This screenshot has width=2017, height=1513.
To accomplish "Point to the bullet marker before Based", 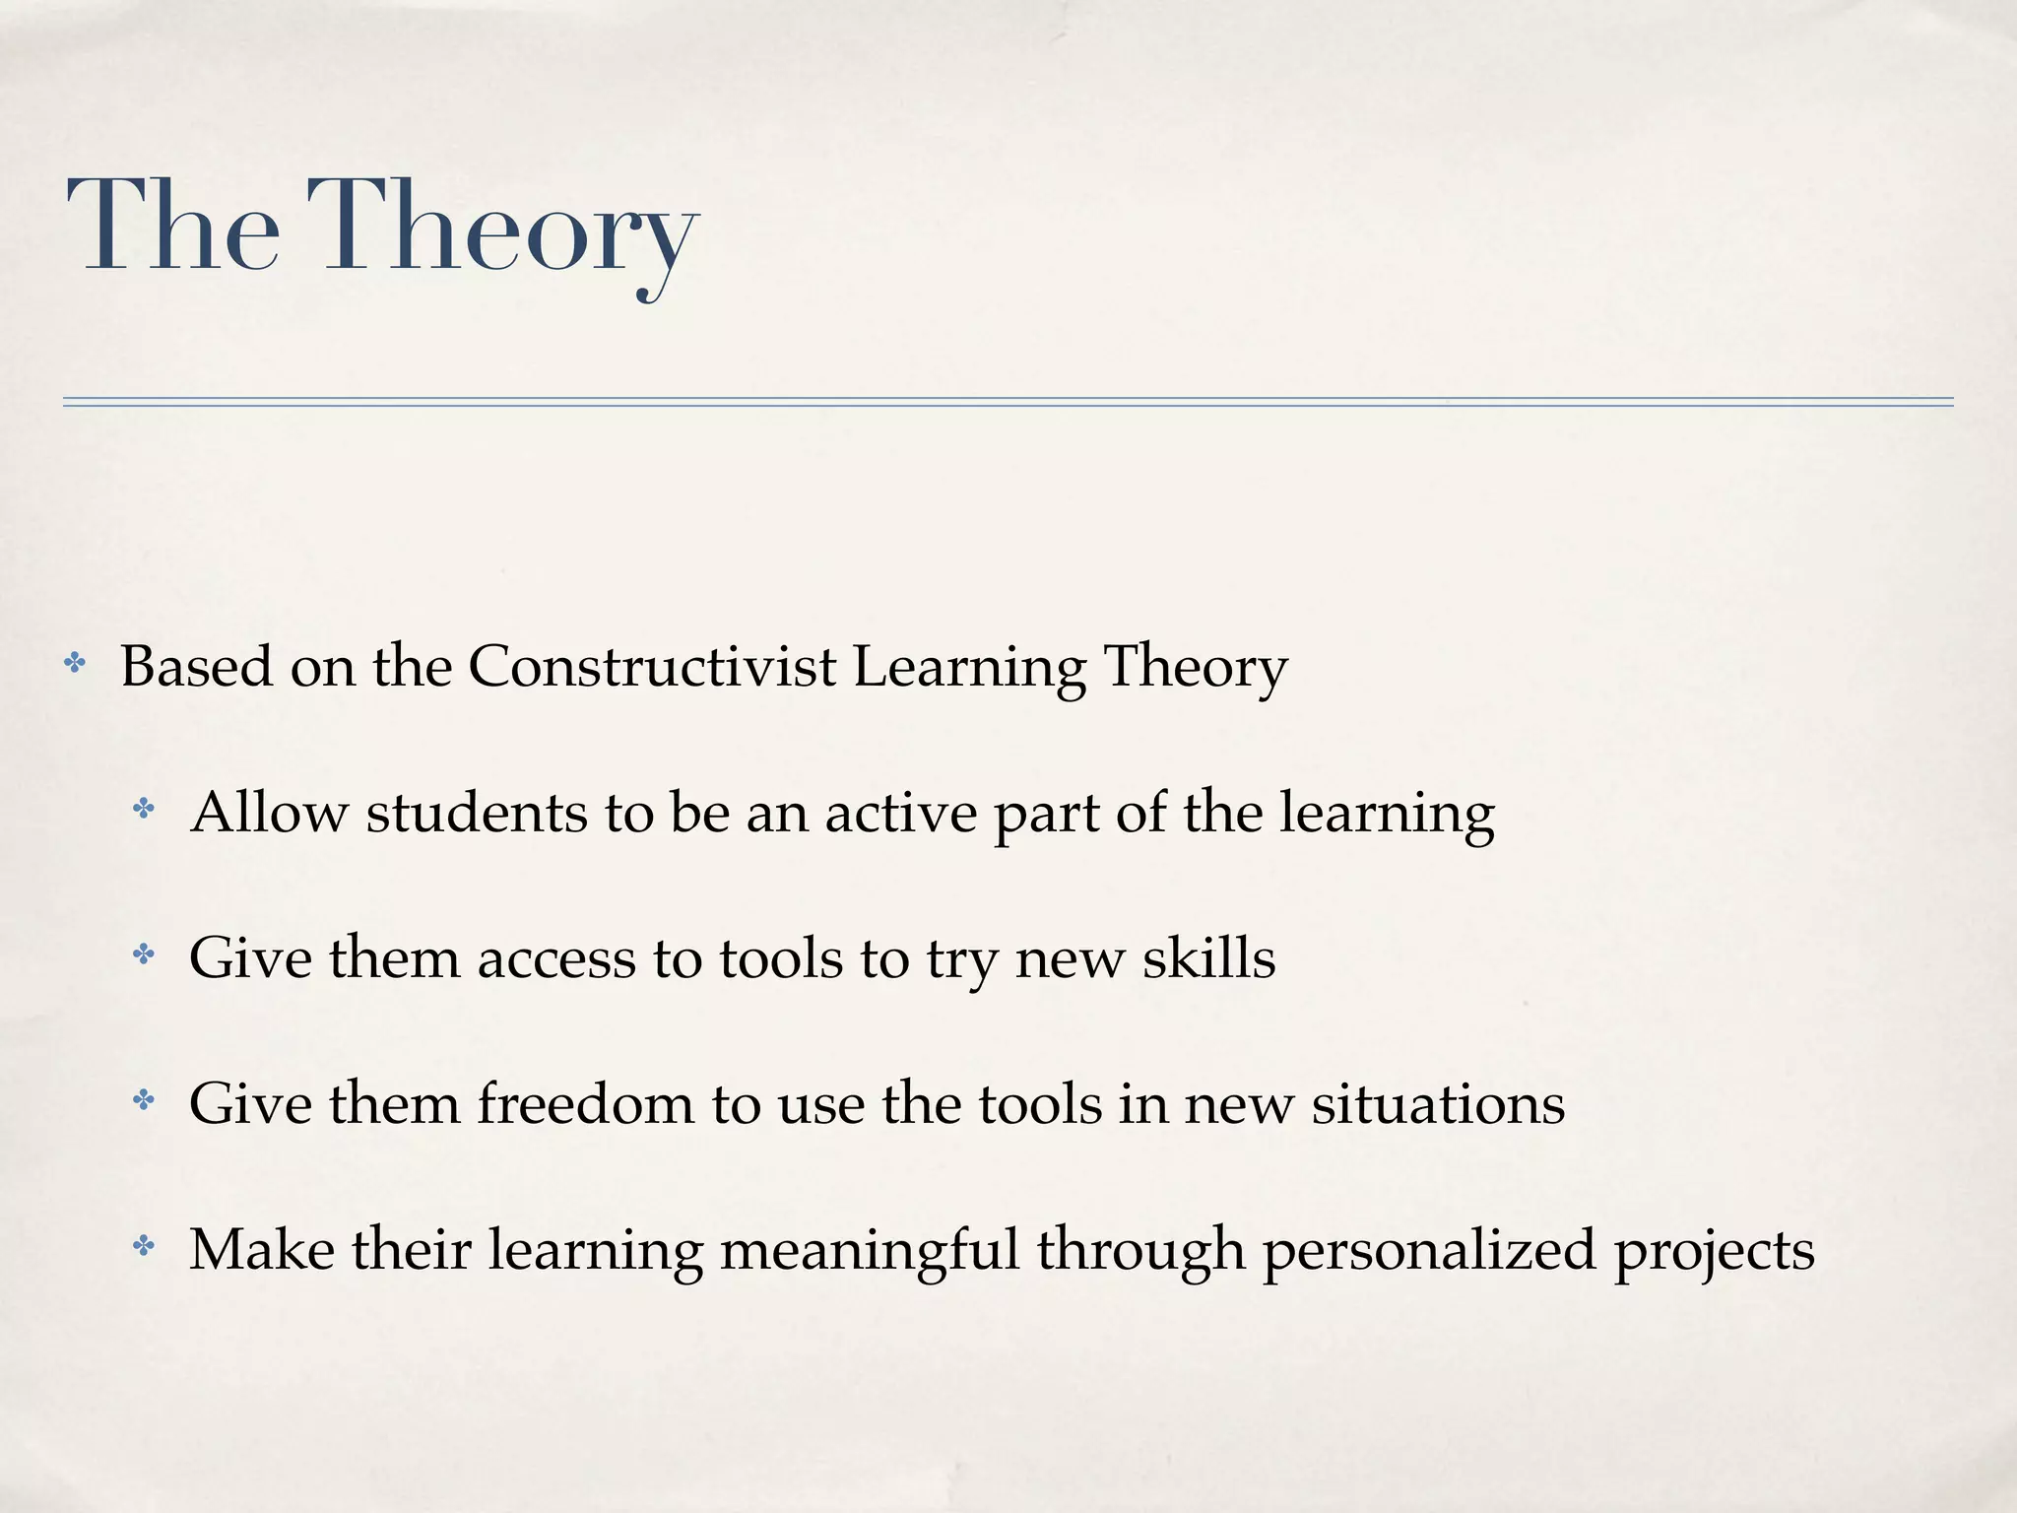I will (x=74, y=664).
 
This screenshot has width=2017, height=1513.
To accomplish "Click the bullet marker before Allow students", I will (x=144, y=810).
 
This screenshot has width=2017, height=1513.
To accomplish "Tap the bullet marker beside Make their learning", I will (x=144, y=1247).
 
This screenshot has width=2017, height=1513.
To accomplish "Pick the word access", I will (x=556, y=958).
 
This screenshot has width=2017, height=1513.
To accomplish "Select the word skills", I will (x=1208, y=957).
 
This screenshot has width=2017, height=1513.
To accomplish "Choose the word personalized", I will (x=1428, y=1251).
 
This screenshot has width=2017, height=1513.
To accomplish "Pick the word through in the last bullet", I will (x=1140, y=1251).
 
